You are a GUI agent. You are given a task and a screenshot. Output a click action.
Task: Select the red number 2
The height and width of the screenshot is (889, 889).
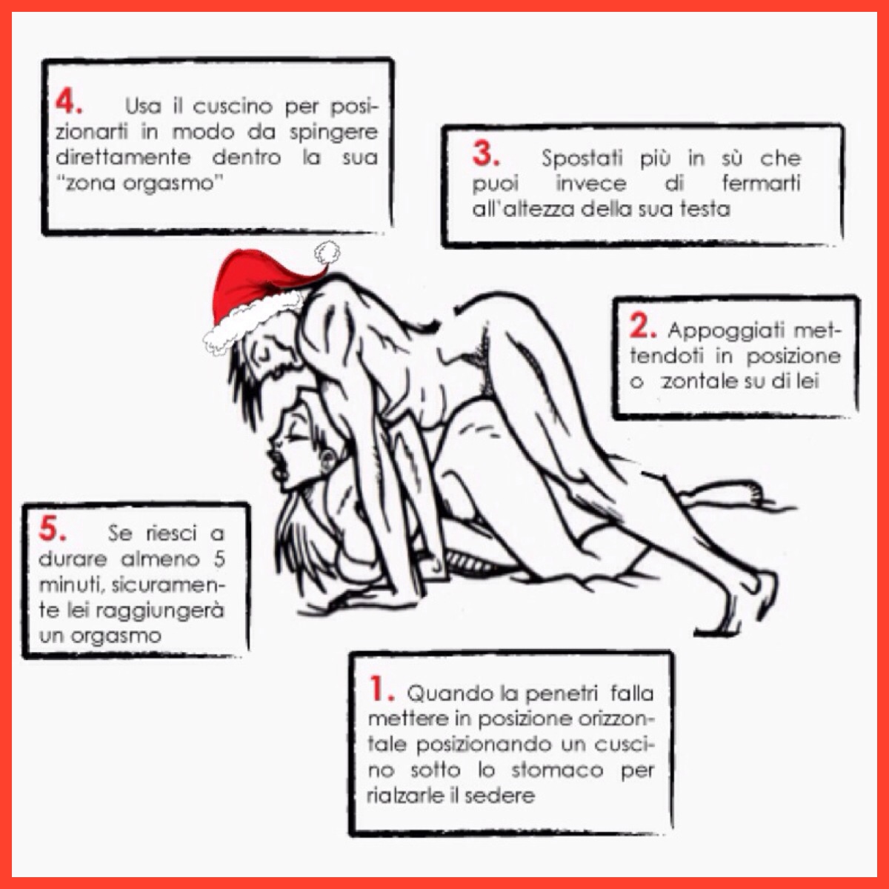pyautogui.click(x=642, y=326)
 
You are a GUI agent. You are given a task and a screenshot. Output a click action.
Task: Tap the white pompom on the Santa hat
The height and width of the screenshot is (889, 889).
pyautogui.click(x=327, y=253)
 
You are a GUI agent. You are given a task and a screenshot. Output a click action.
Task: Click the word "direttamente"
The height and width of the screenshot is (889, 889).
pyautogui.click(x=123, y=157)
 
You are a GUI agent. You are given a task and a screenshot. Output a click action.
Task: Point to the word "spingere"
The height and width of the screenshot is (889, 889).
pyautogui.click(x=333, y=133)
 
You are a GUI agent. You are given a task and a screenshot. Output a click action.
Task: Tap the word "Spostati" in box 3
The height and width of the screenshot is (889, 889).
pyautogui.click(x=582, y=159)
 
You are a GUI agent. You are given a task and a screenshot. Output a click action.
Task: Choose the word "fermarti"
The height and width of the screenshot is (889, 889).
pyautogui.click(x=761, y=183)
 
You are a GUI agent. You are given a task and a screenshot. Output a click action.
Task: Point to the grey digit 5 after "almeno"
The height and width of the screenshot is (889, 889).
pyautogui.click(x=219, y=559)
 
